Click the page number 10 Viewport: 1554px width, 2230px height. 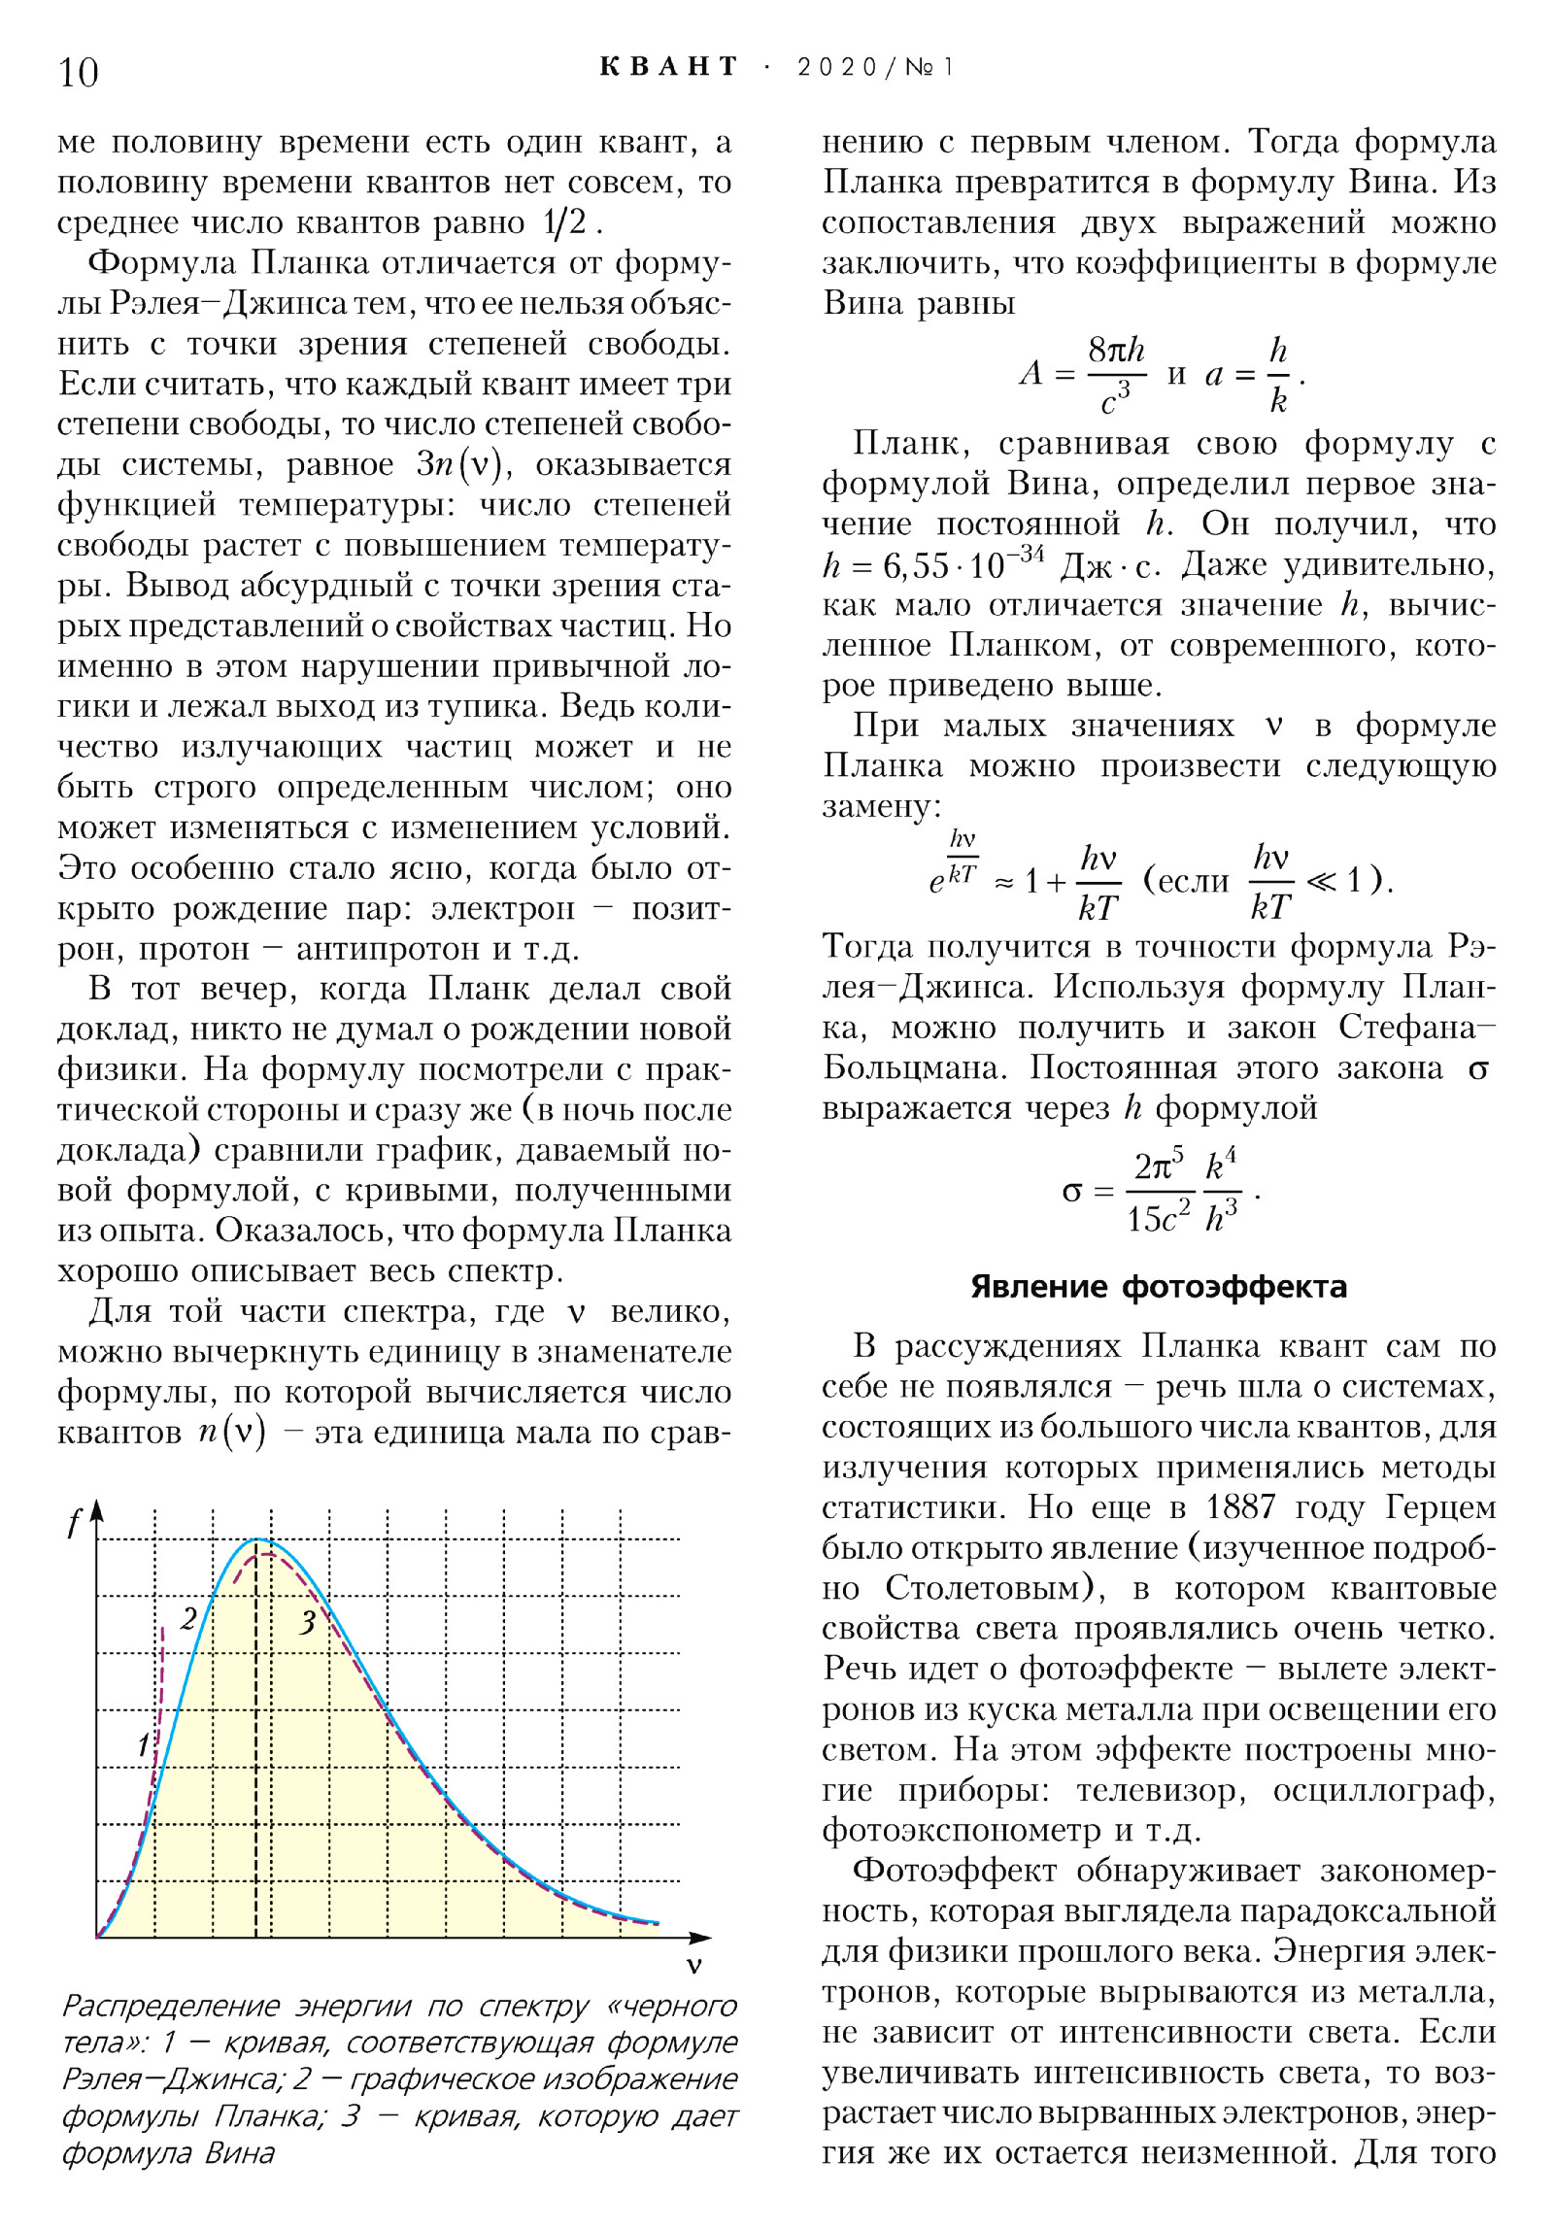[x=79, y=73]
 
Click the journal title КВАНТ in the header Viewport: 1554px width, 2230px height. [x=669, y=67]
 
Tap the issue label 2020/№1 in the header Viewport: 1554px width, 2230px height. [x=875, y=67]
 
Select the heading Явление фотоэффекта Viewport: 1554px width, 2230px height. [x=1159, y=1287]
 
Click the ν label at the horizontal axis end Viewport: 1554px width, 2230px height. [x=693, y=1966]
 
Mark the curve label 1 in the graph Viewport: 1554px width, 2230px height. [x=143, y=1744]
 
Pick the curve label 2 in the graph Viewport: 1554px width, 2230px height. [x=189, y=1618]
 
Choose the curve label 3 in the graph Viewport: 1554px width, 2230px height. [x=308, y=1622]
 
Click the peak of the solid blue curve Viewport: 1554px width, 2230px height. [x=257, y=1539]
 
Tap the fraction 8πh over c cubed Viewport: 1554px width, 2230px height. [x=1116, y=374]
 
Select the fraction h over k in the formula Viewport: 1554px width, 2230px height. [x=1278, y=374]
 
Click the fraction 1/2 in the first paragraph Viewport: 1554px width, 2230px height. [x=565, y=222]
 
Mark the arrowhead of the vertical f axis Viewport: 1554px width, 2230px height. [x=96, y=1513]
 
